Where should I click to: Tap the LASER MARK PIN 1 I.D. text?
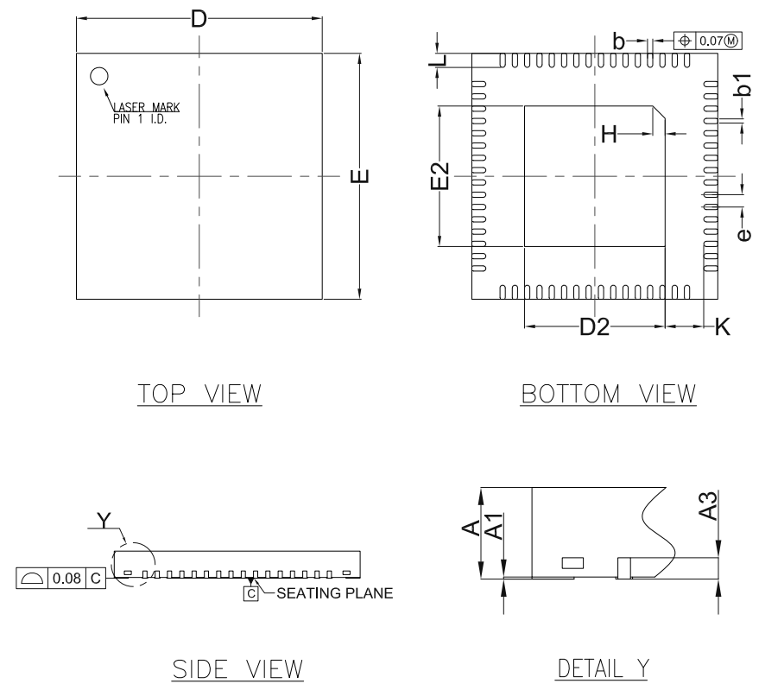pos(146,113)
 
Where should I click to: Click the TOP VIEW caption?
pos(198,394)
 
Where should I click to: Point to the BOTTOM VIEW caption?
pos(608,394)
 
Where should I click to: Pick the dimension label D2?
pos(594,327)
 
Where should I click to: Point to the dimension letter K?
pos(722,327)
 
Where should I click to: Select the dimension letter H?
pos(610,134)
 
